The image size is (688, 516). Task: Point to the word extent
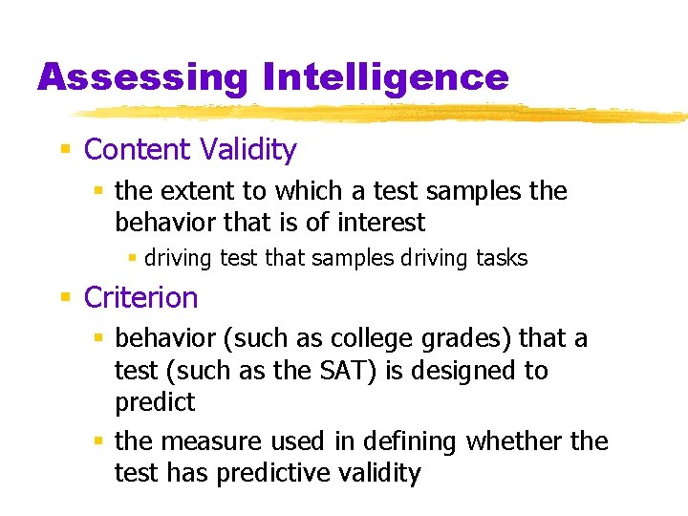pyautogui.click(x=193, y=191)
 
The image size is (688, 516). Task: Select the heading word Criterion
pyautogui.click(x=141, y=297)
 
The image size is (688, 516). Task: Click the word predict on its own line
pyautogui.click(x=155, y=402)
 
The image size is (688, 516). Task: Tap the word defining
pyautogui.click(x=409, y=441)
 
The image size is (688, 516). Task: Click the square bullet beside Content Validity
pyautogui.click(x=65, y=150)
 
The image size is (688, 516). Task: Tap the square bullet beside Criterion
pyautogui.click(x=65, y=298)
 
